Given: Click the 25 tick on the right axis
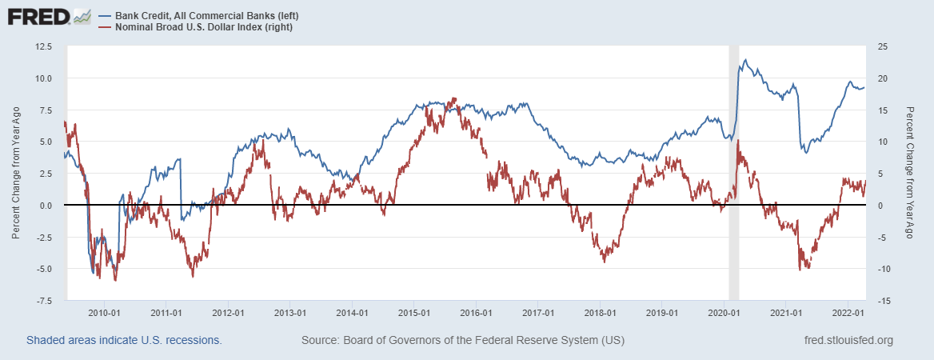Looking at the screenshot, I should click(x=882, y=46).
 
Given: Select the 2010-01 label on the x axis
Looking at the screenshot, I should click(x=104, y=313).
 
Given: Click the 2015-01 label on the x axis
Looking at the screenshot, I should click(x=414, y=313).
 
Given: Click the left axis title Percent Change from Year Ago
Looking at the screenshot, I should click(x=15, y=174).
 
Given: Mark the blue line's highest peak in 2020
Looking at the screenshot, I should click(x=745, y=60).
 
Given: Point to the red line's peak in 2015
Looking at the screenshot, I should click(x=454, y=98).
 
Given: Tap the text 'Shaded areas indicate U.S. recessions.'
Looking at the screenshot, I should click(x=124, y=341).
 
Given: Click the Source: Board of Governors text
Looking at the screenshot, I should click(x=463, y=341).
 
